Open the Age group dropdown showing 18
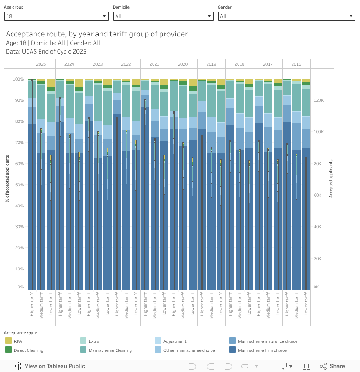tap(56, 16)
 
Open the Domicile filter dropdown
tap(163, 16)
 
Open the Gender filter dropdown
tap(287, 16)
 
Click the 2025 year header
tap(41, 64)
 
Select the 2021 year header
tap(154, 64)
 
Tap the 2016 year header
tap(296, 64)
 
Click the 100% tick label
tap(18, 79)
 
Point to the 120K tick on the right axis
tap(318, 100)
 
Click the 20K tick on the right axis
tap(317, 259)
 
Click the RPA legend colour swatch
tap(8, 341)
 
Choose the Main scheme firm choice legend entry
tap(262, 350)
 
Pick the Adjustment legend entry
tap(175, 341)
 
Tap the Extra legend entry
tap(94, 341)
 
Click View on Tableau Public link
tap(50, 366)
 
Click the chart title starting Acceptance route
tap(97, 34)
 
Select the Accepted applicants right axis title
tap(331, 179)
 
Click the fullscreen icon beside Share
tap(306, 366)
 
